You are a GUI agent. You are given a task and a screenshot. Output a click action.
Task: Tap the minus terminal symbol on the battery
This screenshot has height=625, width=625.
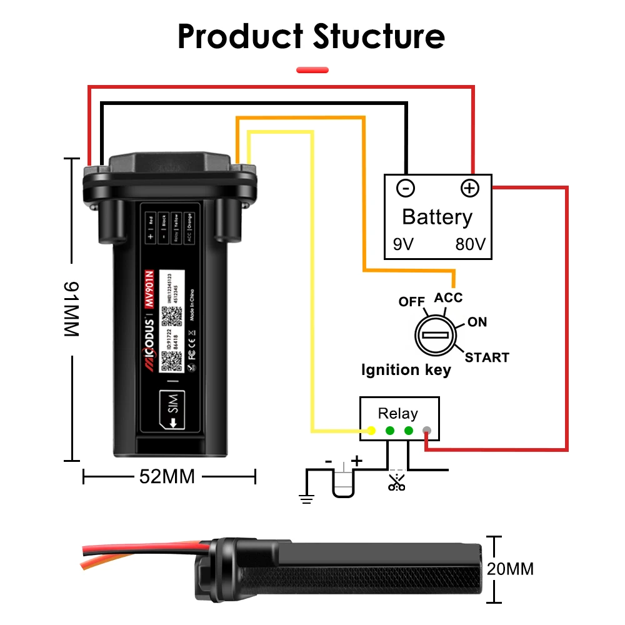pos(406,188)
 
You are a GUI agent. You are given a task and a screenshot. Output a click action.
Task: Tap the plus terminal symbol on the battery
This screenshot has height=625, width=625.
pos(469,188)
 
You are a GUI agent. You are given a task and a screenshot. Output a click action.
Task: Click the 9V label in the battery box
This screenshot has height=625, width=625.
pos(404,244)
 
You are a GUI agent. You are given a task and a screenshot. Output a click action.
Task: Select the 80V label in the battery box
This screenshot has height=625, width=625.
pos(470,244)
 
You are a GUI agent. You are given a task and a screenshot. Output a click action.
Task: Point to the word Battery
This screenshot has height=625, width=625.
pos(437,217)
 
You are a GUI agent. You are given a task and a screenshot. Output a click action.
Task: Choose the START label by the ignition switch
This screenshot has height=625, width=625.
pos(486,357)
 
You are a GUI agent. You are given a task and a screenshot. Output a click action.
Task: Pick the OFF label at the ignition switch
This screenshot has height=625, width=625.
pos(412,302)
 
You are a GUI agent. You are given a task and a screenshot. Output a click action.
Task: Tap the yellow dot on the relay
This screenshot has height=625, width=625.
pos(371,431)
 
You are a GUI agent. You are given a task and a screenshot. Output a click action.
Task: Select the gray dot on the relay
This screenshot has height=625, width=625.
pos(427,431)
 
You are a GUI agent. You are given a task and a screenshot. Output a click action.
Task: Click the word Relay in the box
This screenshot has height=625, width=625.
pos(398,414)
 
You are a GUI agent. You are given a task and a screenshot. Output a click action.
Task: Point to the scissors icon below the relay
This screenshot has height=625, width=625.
pos(396,482)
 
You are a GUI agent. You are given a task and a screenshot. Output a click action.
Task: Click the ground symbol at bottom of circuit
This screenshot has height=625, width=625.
pos(306,497)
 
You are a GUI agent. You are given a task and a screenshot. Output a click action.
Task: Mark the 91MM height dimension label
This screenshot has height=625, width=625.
pos(72,310)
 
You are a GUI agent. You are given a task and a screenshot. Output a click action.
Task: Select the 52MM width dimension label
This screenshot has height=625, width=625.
pos(167,477)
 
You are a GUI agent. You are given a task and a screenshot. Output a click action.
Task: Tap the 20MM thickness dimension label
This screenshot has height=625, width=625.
pos(512,569)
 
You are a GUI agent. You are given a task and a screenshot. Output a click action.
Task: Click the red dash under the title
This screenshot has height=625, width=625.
pos(312,70)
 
